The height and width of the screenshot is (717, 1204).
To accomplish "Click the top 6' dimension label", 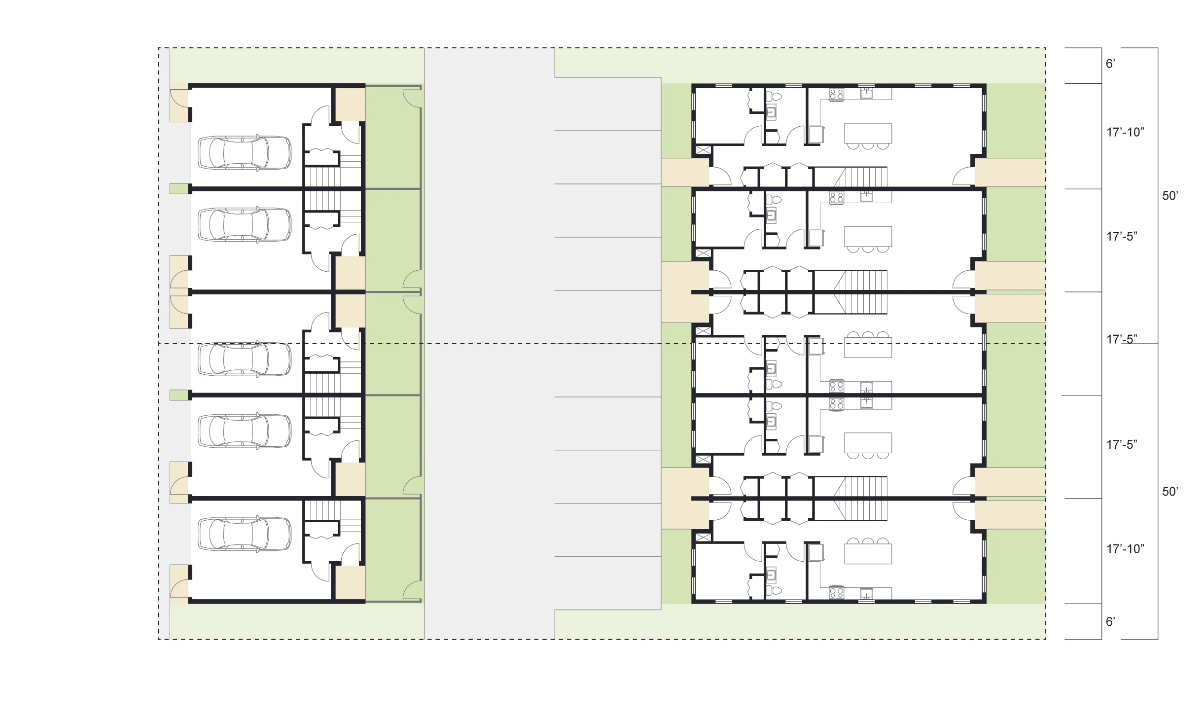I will click(x=1110, y=64).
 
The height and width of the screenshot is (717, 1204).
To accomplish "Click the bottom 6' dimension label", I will click(x=1110, y=622).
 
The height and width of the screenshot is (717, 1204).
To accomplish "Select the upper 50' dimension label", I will click(x=1170, y=196).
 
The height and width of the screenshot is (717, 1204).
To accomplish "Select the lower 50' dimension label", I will click(x=1170, y=492).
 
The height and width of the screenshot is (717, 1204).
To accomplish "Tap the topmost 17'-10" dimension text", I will click(x=1125, y=132).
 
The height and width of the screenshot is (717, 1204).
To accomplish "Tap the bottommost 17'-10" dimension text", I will click(x=1125, y=549).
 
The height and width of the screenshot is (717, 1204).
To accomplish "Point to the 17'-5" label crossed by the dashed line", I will click(x=1122, y=339).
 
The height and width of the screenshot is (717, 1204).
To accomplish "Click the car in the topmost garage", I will click(x=245, y=153).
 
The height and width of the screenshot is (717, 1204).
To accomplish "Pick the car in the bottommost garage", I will click(x=245, y=534).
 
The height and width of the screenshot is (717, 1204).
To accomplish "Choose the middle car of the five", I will click(x=245, y=359).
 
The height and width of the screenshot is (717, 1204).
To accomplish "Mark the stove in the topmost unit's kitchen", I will click(x=836, y=94).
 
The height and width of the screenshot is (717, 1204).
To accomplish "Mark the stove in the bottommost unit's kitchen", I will click(x=836, y=593).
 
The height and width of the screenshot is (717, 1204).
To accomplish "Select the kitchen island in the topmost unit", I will click(x=868, y=133).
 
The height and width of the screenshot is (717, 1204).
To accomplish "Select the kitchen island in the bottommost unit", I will click(x=868, y=553).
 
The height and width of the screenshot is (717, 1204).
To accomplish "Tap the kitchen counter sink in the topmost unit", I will click(x=866, y=93).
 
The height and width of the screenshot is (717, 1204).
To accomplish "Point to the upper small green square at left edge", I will click(x=179, y=188).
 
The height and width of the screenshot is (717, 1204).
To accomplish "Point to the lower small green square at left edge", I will click(x=179, y=395).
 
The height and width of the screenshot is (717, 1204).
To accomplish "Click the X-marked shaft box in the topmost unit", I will click(x=703, y=150).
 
